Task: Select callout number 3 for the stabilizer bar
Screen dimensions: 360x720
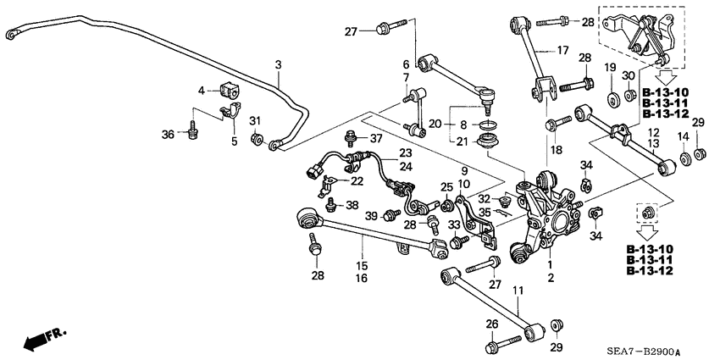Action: (278, 64)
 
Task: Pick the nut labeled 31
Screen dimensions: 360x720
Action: (254, 138)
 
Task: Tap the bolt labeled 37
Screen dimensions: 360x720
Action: (349, 138)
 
